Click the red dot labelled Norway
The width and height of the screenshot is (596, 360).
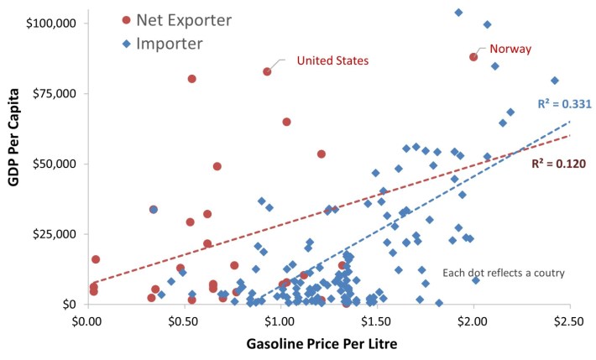pos(473,57)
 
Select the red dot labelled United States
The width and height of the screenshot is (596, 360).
pos(267,71)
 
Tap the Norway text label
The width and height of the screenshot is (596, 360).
pos(510,49)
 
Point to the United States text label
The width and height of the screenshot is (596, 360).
pos(333,60)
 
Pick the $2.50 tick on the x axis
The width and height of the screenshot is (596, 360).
pos(570,319)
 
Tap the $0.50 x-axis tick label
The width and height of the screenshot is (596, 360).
pos(184,319)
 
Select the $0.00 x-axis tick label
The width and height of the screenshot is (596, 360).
pos(87,319)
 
